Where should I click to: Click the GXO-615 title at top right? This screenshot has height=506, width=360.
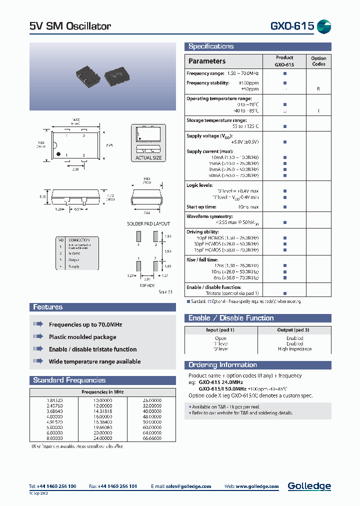point(292,26)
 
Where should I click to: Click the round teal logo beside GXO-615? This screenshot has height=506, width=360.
point(324,26)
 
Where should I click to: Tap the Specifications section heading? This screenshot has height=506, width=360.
point(210,46)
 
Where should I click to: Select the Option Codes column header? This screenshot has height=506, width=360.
point(318,61)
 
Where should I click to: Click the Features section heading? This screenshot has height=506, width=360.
point(47,307)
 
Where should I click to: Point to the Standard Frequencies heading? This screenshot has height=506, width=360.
point(69,380)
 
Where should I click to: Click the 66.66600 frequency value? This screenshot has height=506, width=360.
point(152,438)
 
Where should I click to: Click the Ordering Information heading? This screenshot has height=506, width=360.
point(222,365)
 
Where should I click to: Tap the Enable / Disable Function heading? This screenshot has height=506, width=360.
point(231,318)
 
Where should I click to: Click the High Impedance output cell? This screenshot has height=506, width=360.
point(294,349)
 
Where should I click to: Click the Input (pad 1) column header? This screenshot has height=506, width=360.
point(220,330)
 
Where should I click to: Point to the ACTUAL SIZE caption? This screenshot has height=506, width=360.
point(148,158)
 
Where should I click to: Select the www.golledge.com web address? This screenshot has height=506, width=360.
point(256,486)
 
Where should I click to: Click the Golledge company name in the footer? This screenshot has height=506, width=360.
point(309,486)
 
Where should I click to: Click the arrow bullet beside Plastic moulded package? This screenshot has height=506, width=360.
point(38,337)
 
